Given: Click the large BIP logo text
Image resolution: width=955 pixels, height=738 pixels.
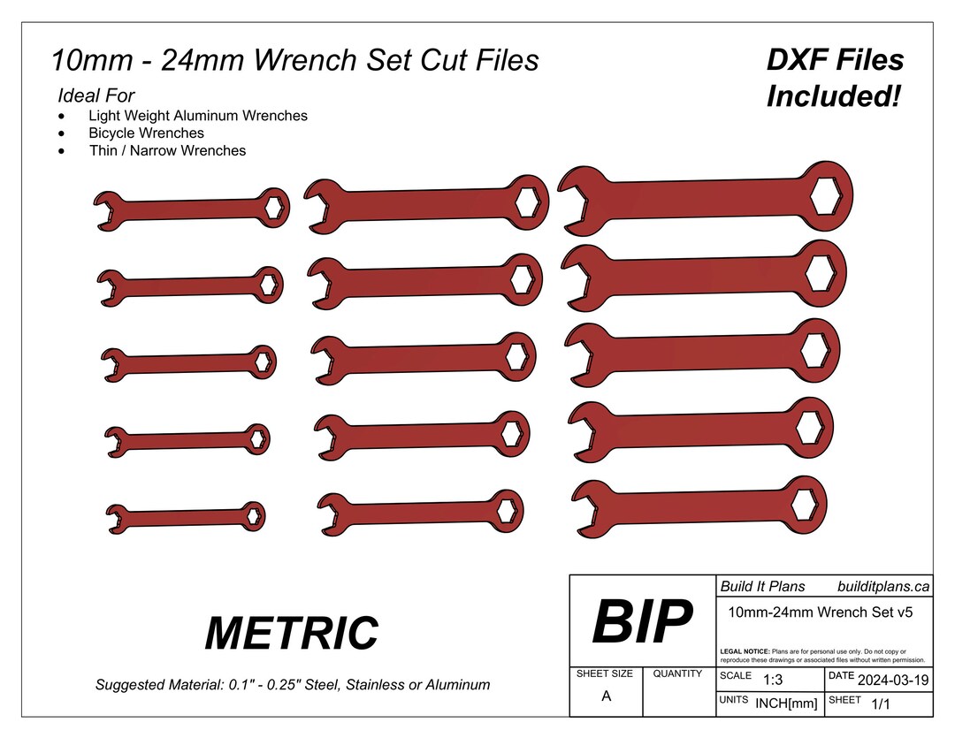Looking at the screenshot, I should point(642,622).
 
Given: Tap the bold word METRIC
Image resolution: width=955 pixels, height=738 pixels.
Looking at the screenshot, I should point(291,633).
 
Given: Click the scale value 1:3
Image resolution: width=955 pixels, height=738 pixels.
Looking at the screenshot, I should point(773,680).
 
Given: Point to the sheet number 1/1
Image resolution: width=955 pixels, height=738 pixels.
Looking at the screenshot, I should point(881,704).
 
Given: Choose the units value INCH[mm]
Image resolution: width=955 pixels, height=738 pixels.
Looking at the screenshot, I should point(786,704).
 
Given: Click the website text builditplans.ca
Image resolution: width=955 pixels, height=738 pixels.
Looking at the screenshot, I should point(882,586).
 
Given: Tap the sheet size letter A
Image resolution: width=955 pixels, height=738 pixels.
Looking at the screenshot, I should point(606,696).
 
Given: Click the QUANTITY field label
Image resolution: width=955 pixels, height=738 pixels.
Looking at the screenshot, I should point(677,673).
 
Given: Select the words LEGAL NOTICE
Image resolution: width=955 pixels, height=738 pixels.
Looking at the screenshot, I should point(745,651).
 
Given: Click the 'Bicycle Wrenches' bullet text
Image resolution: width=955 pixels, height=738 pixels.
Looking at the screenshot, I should point(146,133).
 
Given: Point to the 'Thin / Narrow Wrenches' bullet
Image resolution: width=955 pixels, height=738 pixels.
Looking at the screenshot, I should point(167,150).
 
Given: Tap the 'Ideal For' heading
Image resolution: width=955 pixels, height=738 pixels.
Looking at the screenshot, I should point(95,95).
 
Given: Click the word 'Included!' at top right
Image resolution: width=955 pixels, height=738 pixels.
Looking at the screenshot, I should point(833,95).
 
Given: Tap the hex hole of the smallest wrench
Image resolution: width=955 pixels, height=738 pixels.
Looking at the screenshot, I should point(253,515).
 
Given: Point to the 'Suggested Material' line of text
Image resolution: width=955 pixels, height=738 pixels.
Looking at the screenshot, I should point(292,685).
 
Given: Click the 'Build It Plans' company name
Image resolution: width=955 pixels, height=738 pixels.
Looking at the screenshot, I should point(762,586).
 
